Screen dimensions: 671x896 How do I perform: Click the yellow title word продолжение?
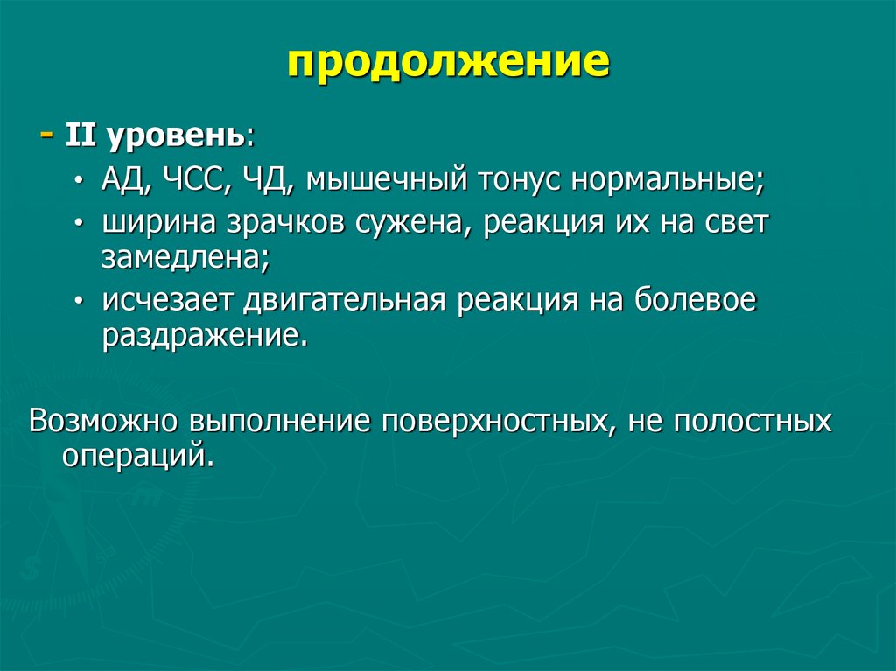[448, 65]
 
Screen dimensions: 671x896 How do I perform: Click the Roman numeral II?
[78, 137]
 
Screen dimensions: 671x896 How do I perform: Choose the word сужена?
[406, 223]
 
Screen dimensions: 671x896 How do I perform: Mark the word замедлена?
[185, 258]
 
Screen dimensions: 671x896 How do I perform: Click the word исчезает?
[167, 300]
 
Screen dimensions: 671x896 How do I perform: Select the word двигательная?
[346, 300]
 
